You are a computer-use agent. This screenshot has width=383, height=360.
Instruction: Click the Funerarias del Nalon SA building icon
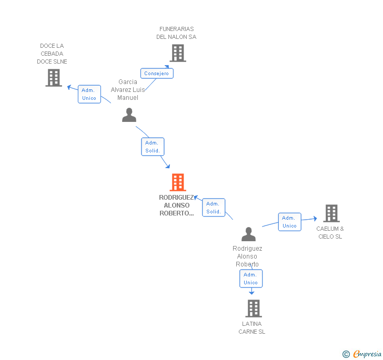tap(178, 53)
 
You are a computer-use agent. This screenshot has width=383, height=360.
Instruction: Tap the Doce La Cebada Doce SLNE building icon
tap(54, 78)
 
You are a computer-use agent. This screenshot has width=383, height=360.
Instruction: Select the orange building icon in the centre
tap(178, 182)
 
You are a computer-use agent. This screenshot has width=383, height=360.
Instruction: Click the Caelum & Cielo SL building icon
tap(331, 213)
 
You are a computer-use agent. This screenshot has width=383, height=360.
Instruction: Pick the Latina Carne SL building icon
tap(254, 308)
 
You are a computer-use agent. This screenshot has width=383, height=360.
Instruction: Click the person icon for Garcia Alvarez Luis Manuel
tap(129, 115)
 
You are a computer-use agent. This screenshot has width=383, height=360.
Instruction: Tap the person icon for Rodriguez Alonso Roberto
tap(248, 234)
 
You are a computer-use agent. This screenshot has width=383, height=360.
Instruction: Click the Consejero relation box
tap(157, 74)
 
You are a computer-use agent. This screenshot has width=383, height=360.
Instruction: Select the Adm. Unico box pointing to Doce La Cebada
tap(89, 94)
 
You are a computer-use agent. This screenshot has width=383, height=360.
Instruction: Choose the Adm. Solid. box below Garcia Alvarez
tap(152, 147)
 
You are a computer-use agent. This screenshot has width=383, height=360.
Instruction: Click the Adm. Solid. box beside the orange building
tap(214, 208)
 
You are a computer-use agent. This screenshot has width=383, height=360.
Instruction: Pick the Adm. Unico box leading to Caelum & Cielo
tap(289, 222)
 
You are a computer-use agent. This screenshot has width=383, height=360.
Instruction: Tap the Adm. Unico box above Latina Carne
tap(250, 279)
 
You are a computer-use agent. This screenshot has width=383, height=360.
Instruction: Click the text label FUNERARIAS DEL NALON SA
tap(176, 33)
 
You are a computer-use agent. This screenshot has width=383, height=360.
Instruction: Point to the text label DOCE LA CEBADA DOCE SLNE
tap(52, 54)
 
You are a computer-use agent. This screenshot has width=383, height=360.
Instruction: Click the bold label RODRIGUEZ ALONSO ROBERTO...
tap(177, 205)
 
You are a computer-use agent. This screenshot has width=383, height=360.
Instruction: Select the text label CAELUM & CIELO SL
tap(330, 232)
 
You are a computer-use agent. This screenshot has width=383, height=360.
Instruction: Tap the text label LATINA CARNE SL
tap(252, 327)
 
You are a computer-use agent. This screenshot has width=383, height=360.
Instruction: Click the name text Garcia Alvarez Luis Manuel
tap(128, 89)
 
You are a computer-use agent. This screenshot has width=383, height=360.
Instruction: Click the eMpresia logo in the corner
tap(362, 354)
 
